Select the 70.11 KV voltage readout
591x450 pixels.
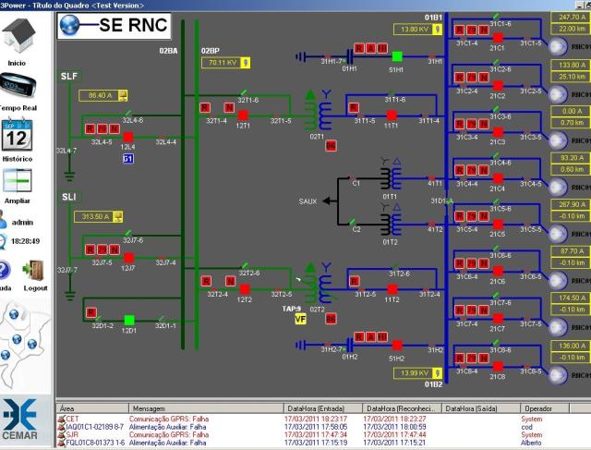(x=222, y=63)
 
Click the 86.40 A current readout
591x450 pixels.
(x=98, y=95)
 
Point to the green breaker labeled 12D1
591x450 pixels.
(x=128, y=319)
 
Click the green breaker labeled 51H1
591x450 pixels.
(x=396, y=55)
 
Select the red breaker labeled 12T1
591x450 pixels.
(x=245, y=115)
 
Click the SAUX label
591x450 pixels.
(x=308, y=201)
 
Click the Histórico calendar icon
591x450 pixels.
(x=17, y=137)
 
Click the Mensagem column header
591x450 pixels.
(x=151, y=407)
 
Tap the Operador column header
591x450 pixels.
(x=538, y=407)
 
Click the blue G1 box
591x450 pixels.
(x=127, y=159)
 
